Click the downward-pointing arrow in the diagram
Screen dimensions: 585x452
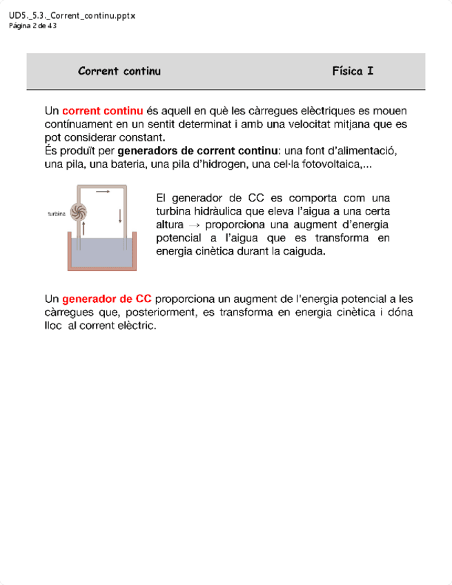(x=120, y=215)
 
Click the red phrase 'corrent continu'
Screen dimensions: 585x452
(x=102, y=111)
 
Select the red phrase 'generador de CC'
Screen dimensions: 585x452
(x=107, y=299)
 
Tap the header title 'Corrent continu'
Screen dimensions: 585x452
(x=119, y=71)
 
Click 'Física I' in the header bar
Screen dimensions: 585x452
(x=353, y=71)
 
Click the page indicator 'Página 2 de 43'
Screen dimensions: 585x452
(x=32, y=26)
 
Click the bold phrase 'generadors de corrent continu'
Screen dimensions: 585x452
(x=196, y=150)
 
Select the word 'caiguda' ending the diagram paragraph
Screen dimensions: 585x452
(x=304, y=252)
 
